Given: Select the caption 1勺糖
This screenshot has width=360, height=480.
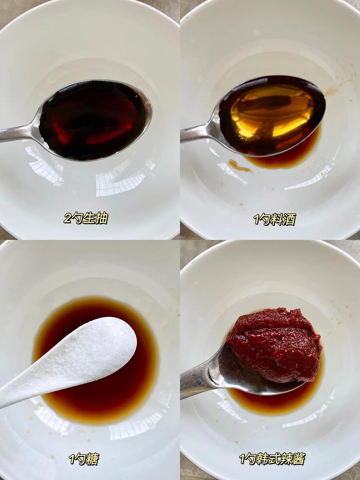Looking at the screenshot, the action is (x=84, y=460).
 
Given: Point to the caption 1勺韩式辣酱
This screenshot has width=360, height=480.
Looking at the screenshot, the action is (x=272, y=459).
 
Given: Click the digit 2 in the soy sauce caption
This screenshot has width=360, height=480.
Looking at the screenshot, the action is (x=67, y=219).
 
